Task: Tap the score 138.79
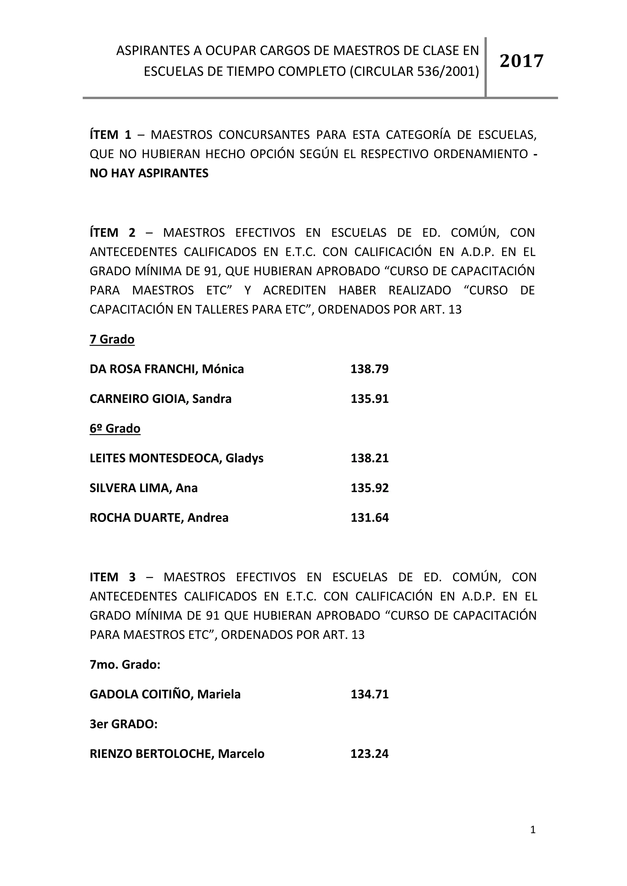370,369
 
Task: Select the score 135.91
370,399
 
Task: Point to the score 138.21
370,458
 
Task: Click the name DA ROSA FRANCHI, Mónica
167,369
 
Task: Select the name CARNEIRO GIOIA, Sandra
161,399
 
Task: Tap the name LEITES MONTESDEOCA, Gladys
176,458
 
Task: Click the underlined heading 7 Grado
112,340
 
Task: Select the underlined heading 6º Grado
115,429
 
